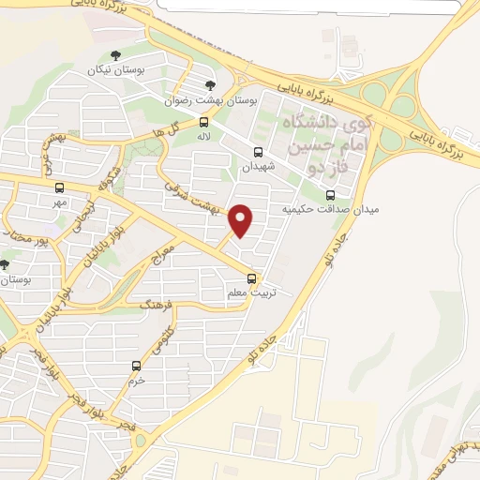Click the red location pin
click(241, 220)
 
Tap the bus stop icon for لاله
click(204, 122)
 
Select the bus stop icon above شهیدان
click(258, 150)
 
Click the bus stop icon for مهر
click(60, 187)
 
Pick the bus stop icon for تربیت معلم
click(251, 277)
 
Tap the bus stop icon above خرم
click(137, 366)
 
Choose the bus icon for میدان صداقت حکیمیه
click(329, 195)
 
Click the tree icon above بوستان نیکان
click(115, 55)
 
